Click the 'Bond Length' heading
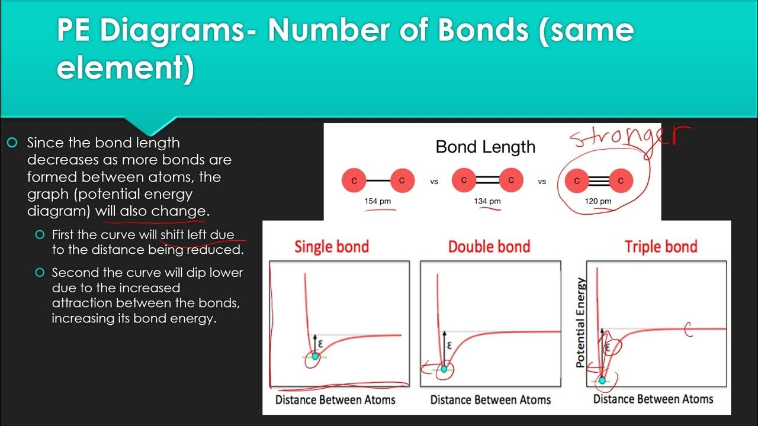point(485,147)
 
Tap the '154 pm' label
point(377,201)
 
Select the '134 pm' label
point(487,201)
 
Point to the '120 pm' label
point(598,201)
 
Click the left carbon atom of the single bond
point(354,180)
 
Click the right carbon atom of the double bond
point(511,180)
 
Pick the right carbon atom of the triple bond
point(621,180)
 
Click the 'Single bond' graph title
point(332,246)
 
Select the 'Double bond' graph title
point(489,246)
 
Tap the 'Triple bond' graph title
point(661,246)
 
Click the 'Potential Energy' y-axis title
point(581,322)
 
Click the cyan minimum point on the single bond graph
point(315,357)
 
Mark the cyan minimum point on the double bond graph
point(444,369)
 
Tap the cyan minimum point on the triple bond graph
point(602,380)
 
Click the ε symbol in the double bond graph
point(449,346)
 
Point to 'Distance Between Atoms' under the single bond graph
point(335,400)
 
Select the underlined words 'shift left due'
point(197,234)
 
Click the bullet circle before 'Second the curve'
point(40,273)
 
